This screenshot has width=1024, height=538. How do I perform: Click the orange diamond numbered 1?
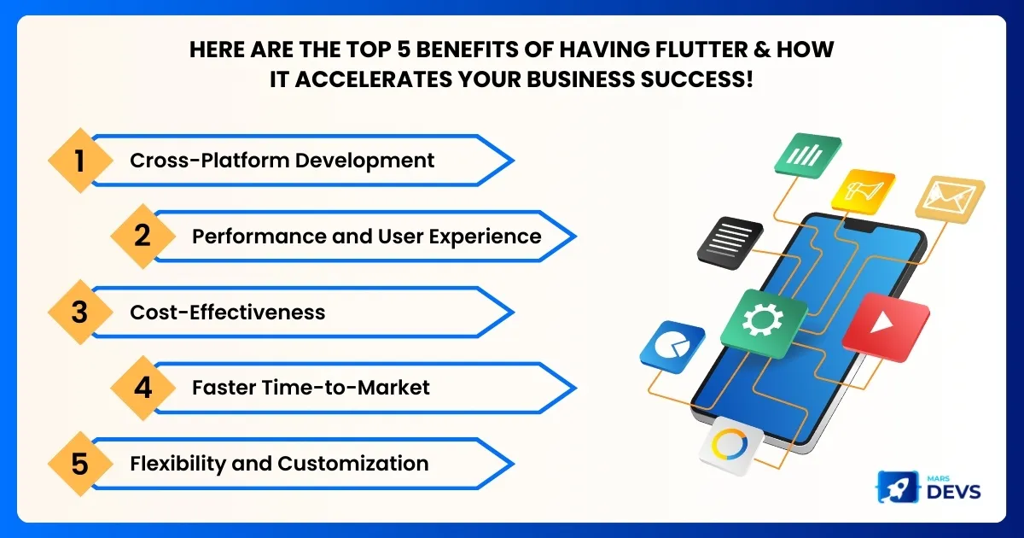(80, 161)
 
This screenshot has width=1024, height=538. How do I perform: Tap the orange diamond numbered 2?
(143, 236)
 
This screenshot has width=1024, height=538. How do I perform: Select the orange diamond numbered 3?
(80, 312)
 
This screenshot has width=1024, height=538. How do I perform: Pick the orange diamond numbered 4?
(143, 388)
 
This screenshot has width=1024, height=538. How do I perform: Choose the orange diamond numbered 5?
(80, 464)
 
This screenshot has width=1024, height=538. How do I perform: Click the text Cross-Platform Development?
(282, 161)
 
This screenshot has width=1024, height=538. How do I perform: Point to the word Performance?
(259, 237)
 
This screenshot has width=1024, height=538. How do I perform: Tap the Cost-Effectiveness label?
(228, 313)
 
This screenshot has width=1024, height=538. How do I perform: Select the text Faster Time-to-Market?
(311, 388)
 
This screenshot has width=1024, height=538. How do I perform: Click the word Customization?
(353, 464)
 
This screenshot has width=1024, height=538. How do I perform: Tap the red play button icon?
(886, 326)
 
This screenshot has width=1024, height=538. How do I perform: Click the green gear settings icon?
(764, 322)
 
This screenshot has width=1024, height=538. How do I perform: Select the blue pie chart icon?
(672, 347)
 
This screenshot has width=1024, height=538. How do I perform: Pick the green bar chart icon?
(807, 155)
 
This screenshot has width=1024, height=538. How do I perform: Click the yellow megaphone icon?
(863, 191)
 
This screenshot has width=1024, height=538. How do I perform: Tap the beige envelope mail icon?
(950, 199)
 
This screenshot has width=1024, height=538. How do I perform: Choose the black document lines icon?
(730, 243)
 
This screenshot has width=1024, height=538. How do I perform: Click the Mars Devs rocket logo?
(898, 487)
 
